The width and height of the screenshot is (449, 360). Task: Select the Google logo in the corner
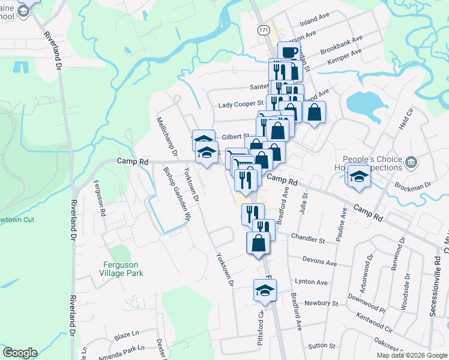pyautogui.click(x=20, y=353)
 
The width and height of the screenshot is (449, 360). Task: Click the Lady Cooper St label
pyautogui.click(x=241, y=104)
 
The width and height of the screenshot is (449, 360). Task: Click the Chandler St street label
pyautogui.click(x=307, y=238)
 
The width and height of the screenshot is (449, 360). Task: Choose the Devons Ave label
pyautogui.click(x=321, y=262)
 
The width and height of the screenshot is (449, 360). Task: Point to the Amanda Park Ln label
pyautogui.click(x=125, y=349)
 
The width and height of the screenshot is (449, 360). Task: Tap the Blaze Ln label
pyautogui.click(x=127, y=332)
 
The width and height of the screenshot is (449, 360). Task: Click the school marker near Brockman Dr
pyautogui.click(x=358, y=176)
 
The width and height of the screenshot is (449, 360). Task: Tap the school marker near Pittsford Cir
pyautogui.click(x=265, y=291)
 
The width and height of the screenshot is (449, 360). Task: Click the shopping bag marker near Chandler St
pyautogui.click(x=258, y=243)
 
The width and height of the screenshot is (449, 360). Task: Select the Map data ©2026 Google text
pyautogui.click(x=412, y=355)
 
